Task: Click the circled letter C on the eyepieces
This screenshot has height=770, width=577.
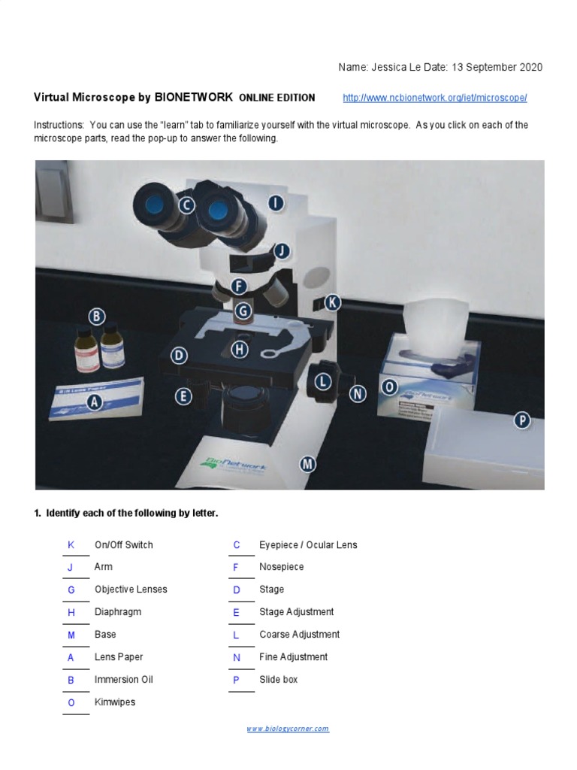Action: pyautogui.click(x=186, y=205)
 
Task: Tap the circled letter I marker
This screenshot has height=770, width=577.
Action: pyautogui.click(x=276, y=202)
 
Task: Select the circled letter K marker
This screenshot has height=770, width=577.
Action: pyautogui.click(x=332, y=302)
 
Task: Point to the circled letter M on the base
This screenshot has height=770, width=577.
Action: pyautogui.click(x=307, y=464)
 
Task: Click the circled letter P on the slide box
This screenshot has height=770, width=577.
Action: pyautogui.click(x=522, y=420)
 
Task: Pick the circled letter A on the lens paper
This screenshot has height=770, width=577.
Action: pyautogui.click(x=95, y=402)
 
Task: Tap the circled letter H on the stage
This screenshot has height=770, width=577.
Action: pyautogui.click(x=240, y=349)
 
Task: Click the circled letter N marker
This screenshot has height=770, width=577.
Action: pyautogui.click(x=358, y=393)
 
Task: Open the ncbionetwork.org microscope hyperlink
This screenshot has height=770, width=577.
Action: pyautogui.click(x=435, y=99)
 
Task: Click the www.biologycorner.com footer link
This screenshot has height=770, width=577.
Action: pyautogui.click(x=288, y=729)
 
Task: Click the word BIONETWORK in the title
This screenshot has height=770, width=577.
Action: pyautogui.click(x=193, y=98)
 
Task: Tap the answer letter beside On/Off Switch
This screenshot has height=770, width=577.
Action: pyautogui.click(x=71, y=544)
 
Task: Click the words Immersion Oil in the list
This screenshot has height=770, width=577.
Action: pyautogui.click(x=123, y=679)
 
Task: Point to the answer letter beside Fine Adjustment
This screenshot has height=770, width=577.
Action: pyautogui.click(x=236, y=656)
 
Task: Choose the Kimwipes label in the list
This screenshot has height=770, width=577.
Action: pyautogui.click(x=115, y=702)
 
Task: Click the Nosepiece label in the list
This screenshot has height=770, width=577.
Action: pyautogui.click(x=282, y=566)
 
